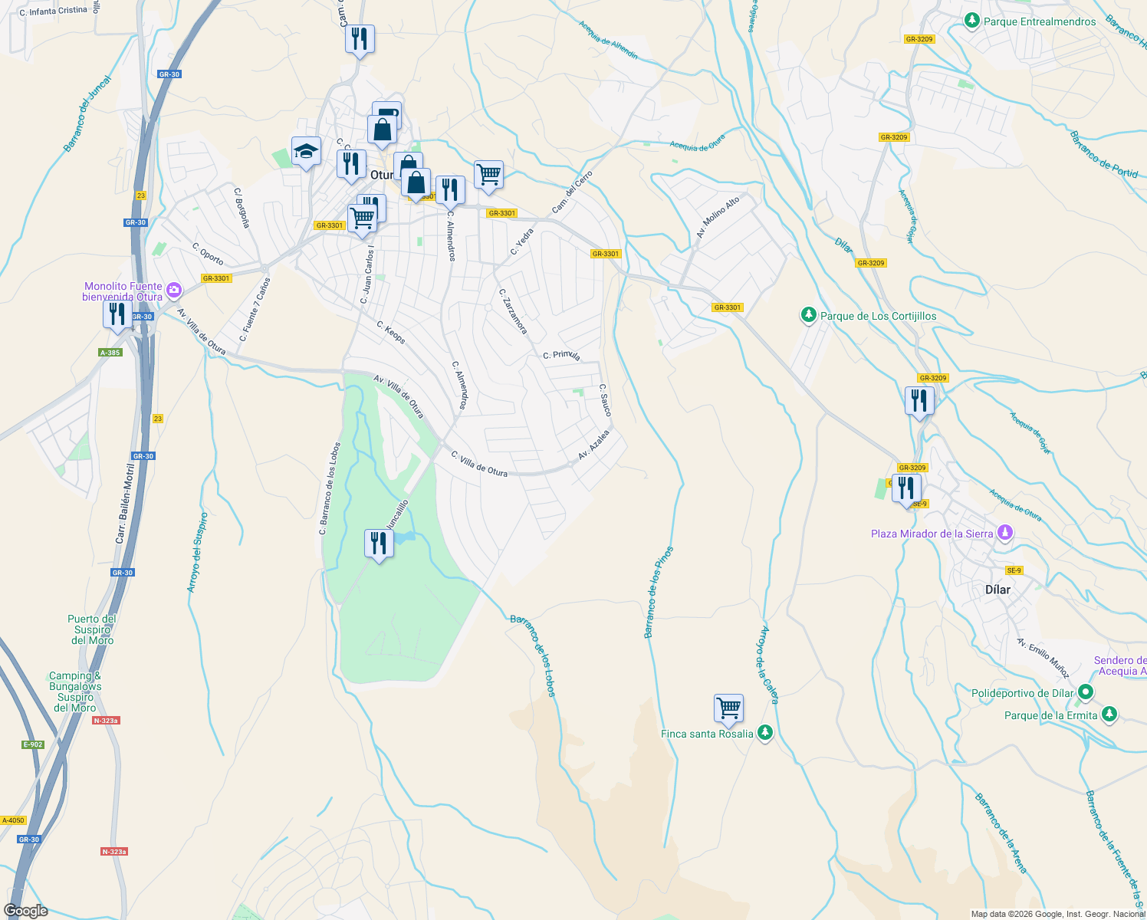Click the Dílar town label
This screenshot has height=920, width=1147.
click(997, 590)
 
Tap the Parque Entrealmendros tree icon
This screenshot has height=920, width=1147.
click(972, 21)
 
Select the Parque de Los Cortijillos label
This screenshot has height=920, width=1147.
click(878, 316)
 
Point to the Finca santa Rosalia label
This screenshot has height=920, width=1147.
click(707, 734)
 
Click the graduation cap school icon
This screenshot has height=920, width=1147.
click(306, 151)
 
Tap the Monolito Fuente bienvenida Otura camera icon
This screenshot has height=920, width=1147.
click(174, 290)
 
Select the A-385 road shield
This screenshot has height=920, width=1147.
click(110, 353)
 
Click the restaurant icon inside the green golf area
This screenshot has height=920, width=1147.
click(378, 543)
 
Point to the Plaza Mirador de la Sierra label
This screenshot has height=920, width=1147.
click(932, 534)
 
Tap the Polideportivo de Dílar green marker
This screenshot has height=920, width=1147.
click(1085, 693)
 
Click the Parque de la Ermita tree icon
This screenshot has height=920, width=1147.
click(1109, 715)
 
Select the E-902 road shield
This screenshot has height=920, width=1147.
click(33, 744)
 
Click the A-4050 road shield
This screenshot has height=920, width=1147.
click(14, 820)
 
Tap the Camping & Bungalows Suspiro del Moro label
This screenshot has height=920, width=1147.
click(75, 692)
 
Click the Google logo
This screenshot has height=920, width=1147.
click(25, 910)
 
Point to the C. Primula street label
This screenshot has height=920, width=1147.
click(561, 355)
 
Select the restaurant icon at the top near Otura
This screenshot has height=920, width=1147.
click(360, 38)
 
